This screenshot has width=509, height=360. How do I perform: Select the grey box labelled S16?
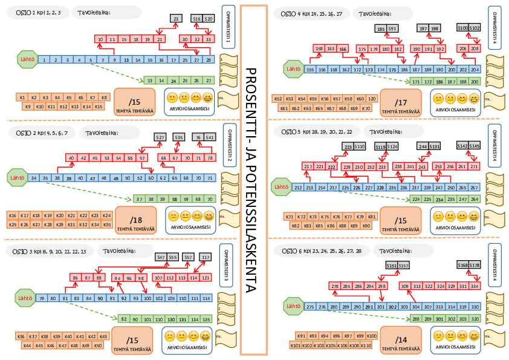(196, 19)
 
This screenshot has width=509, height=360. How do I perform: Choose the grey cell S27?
(160, 137)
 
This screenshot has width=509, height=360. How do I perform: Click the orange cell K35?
(105, 224)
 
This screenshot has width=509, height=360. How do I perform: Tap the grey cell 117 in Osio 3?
(206, 258)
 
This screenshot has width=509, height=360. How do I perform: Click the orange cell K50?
(98, 345)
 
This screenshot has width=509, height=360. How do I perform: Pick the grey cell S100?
(462, 28)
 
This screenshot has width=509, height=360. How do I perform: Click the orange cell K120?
(372, 98)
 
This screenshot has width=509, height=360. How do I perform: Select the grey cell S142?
(462, 146)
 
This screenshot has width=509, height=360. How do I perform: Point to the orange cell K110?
(365, 345)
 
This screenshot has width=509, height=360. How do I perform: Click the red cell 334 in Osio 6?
(475, 286)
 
